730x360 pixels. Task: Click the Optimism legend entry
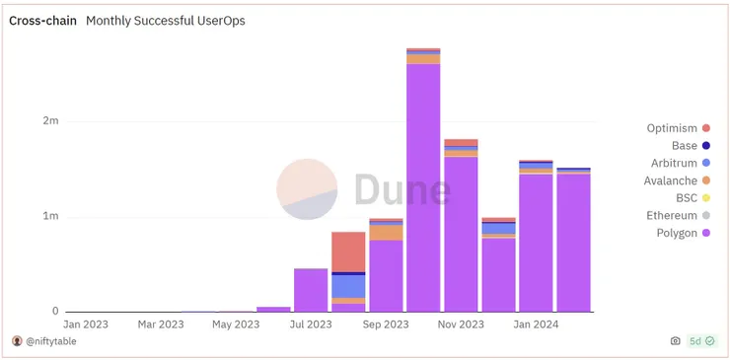click(x=672, y=128)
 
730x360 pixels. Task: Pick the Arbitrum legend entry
click(x=674, y=163)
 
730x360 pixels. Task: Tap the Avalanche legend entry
click(x=671, y=180)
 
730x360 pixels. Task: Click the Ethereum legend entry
click(x=671, y=216)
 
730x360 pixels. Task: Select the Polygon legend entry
click(x=676, y=234)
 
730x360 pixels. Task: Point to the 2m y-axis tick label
click(x=50, y=121)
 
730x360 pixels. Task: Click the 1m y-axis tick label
click(x=50, y=216)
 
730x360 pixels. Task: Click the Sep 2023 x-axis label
click(x=385, y=324)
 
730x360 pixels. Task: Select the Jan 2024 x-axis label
click(x=536, y=324)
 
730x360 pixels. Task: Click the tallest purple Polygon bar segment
click(x=423, y=187)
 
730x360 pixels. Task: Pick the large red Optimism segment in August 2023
click(x=348, y=252)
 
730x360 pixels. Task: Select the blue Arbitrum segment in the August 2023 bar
click(x=348, y=286)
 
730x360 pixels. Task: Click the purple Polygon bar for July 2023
click(x=311, y=290)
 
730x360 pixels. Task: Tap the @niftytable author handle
click(x=50, y=341)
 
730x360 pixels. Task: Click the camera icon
click(x=675, y=341)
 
